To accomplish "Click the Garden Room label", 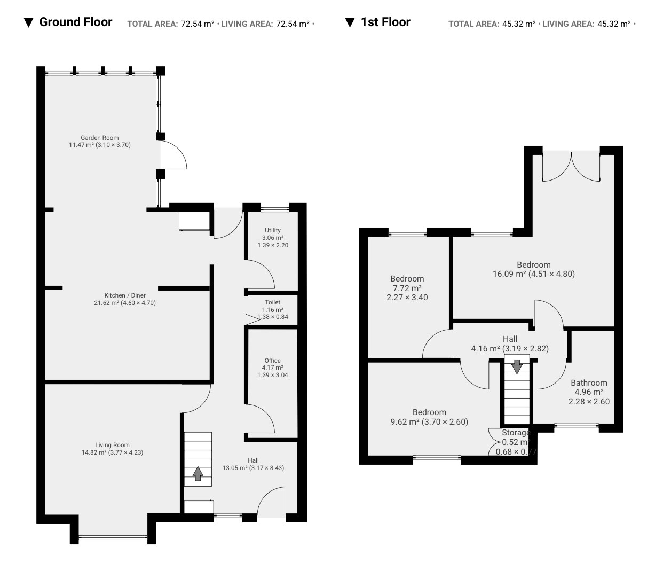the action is point(99,138).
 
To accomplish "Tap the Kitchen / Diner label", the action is point(125,295).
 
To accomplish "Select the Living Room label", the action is point(112,445).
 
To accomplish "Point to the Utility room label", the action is point(273,230).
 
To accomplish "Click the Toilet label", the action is point(273,302).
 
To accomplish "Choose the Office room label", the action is point(273,361).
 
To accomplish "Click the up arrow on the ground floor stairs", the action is point(198,473).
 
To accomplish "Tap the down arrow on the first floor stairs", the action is point(517,366).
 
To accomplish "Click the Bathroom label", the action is point(589,382).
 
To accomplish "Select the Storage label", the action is point(516,432).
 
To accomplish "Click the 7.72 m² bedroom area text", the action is point(407,288).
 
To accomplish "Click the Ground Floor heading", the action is point(76,22).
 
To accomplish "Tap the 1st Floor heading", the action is point(385,22).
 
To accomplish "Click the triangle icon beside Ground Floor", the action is point(28,22).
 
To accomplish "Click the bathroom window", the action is point(577,426).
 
